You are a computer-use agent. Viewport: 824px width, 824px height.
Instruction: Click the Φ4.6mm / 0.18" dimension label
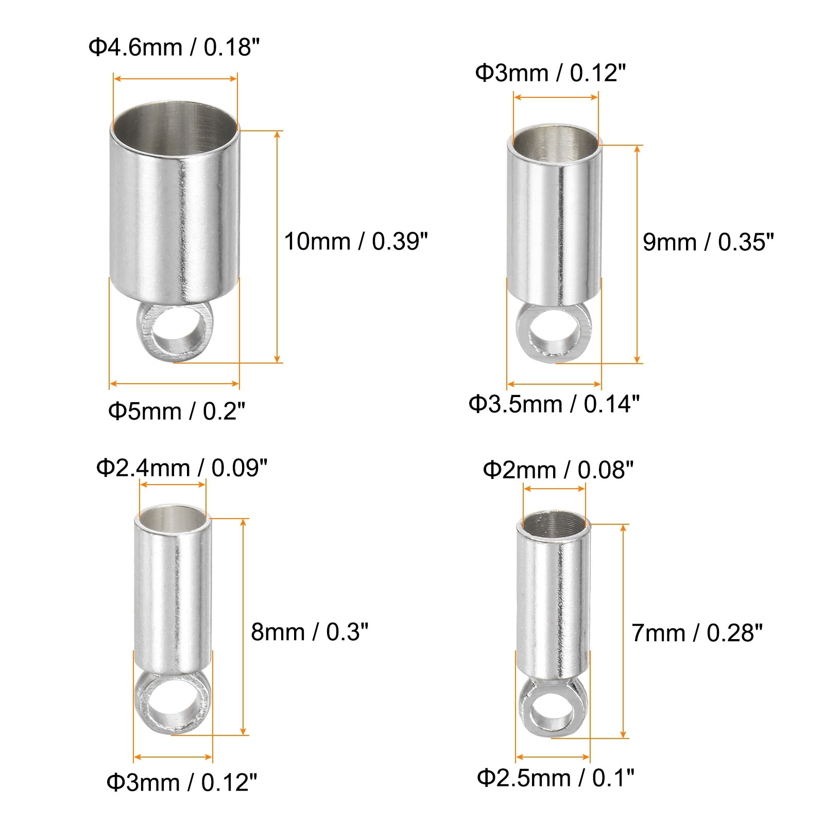174,48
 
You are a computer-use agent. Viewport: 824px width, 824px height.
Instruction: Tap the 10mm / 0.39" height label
356,241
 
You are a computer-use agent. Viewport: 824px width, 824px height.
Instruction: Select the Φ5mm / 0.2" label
177,411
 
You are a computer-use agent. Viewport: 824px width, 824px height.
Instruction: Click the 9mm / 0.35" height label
708,242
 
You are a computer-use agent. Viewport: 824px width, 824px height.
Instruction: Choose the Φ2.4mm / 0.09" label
182,468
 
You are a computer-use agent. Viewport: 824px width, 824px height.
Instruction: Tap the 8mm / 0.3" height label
310,631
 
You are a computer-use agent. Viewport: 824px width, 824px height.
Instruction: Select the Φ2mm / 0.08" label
558,470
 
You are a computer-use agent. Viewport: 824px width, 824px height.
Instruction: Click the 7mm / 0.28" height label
697,633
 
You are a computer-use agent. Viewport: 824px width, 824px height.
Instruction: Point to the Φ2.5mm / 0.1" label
556,778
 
